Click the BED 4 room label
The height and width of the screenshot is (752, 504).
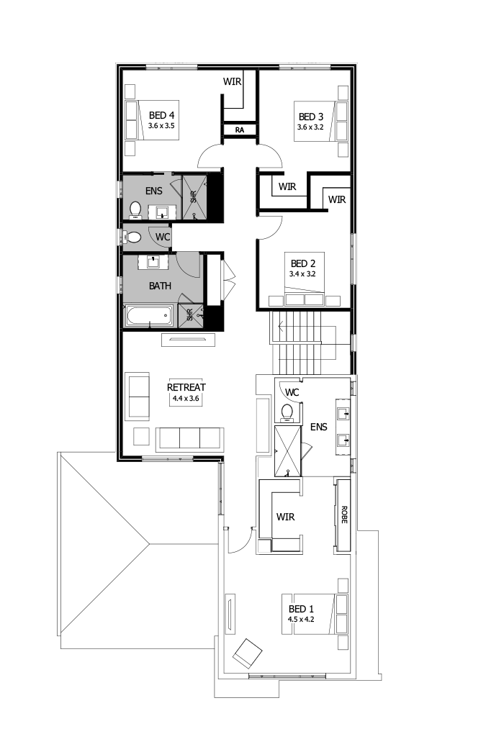(162, 115)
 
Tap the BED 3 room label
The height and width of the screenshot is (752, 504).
(311, 117)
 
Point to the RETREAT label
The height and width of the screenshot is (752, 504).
(186, 386)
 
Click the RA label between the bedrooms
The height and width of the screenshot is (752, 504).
(240, 130)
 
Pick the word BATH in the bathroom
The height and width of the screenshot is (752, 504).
(161, 286)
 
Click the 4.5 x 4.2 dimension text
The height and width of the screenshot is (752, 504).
(302, 618)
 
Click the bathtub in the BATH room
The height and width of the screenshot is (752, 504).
(149, 314)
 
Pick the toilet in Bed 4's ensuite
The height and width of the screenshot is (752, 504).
(135, 209)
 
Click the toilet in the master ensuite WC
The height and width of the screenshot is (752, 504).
(287, 413)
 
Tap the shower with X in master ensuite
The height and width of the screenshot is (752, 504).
(288, 450)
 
